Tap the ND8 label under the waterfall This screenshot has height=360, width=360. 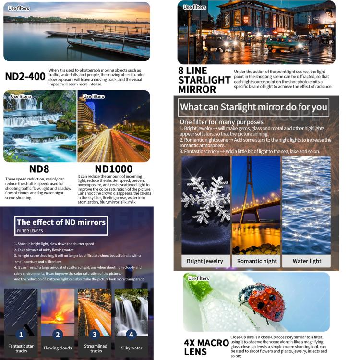(x=40, y=169)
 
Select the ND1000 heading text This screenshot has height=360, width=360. (x=114, y=169)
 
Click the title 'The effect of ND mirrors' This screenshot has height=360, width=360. (x=61, y=222)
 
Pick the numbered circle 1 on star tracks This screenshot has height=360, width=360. (x=21, y=335)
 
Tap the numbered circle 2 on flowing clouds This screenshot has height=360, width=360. (x=58, y=335)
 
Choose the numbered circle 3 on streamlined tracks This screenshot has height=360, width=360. (x=95, y=335)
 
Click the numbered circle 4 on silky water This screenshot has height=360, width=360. (x=131, y=335)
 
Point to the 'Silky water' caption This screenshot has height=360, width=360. (x=131, y=348)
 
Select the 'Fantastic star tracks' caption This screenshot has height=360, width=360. (x=21, y=348)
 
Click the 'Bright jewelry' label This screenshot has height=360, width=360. (x=205, y=261)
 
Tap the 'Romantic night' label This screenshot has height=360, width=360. (x=257, y=261)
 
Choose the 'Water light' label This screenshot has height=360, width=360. (x=307, y=261)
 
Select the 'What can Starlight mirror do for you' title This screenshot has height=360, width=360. (x=254, y=107)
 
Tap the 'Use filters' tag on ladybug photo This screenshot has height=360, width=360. (x=199, y=278)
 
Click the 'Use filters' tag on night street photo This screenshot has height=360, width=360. (x=194, y=7)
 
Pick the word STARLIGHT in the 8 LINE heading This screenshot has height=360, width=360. (x=204, y=80)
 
